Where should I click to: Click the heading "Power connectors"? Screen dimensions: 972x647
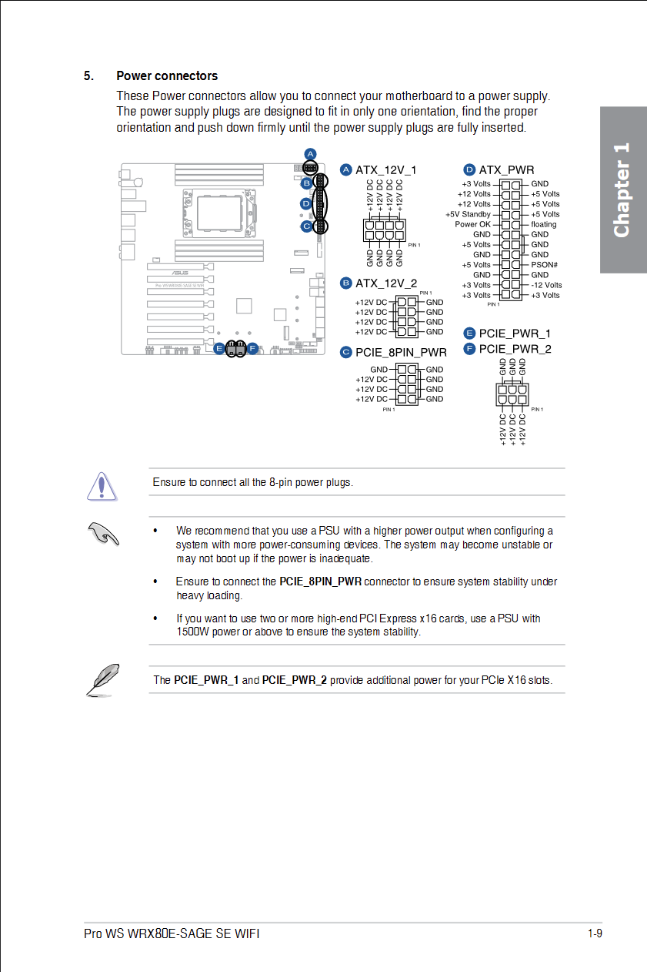(167, 76)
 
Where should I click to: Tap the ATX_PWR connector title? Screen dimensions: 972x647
(506, 170)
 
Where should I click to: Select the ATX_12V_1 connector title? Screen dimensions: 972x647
(385, 170)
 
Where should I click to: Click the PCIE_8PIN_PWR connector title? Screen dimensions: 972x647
(401, 353)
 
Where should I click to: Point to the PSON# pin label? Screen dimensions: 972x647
(544, 265)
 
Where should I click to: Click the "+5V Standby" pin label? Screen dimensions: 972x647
(468, 214)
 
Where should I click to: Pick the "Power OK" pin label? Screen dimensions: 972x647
(472, 224)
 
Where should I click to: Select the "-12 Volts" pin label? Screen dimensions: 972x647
(546, 285)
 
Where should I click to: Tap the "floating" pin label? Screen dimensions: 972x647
(543, 224)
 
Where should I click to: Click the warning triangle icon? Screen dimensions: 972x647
(102, 484)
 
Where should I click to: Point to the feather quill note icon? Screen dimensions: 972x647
(102, 679)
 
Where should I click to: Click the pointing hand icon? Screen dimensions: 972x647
(103, 532)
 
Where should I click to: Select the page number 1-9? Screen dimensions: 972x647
(594, 934)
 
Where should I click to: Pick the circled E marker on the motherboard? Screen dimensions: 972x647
(220, 348)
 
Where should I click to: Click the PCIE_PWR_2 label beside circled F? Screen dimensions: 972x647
(515, 349)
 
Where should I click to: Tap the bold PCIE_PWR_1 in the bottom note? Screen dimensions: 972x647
(206, 680)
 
